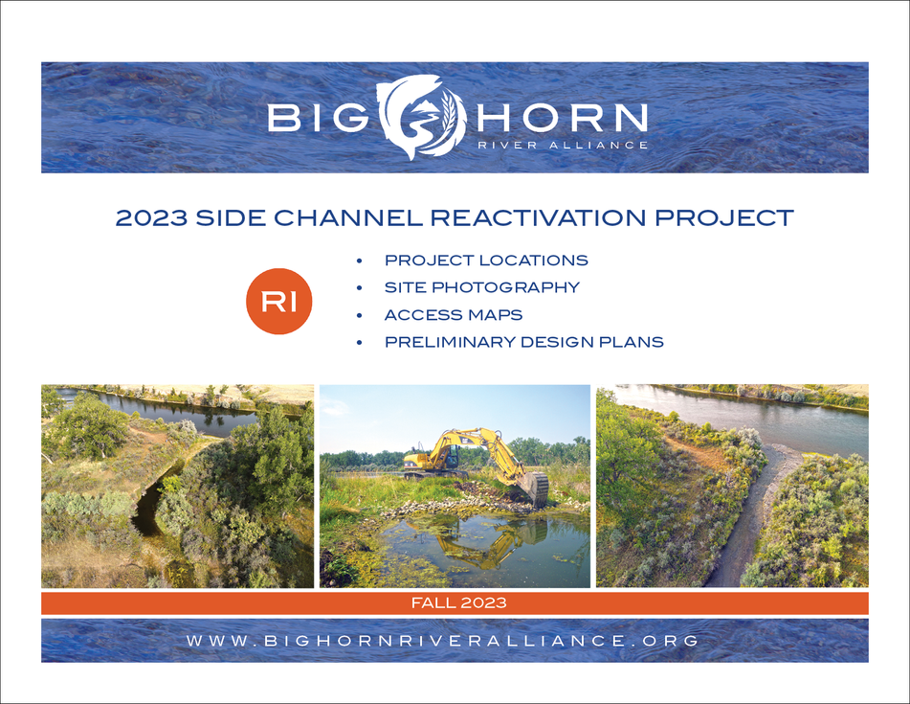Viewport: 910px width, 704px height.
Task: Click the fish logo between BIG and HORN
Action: (422, 117)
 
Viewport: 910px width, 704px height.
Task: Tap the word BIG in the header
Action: (318, 117)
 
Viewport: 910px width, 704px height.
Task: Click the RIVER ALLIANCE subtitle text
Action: (562, 146)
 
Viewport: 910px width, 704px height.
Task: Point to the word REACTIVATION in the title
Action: (539, 217)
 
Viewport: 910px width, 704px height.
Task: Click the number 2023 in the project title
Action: (151, 217)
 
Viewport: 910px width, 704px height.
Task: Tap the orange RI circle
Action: (279, 302)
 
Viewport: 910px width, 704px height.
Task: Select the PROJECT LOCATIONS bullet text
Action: (486, 261)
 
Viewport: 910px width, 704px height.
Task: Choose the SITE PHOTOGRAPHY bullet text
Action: (482, 287)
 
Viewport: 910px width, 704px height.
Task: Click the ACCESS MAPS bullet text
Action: (454, 315)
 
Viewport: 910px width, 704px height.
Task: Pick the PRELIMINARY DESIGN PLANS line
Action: (524, 342)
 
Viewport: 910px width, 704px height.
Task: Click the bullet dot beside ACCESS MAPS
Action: (359, 315)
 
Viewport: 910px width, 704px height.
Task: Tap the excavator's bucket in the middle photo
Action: (533, 488)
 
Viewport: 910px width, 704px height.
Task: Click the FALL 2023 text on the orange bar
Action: (459, 602)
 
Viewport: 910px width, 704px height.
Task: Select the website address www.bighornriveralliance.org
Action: (443, 641)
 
